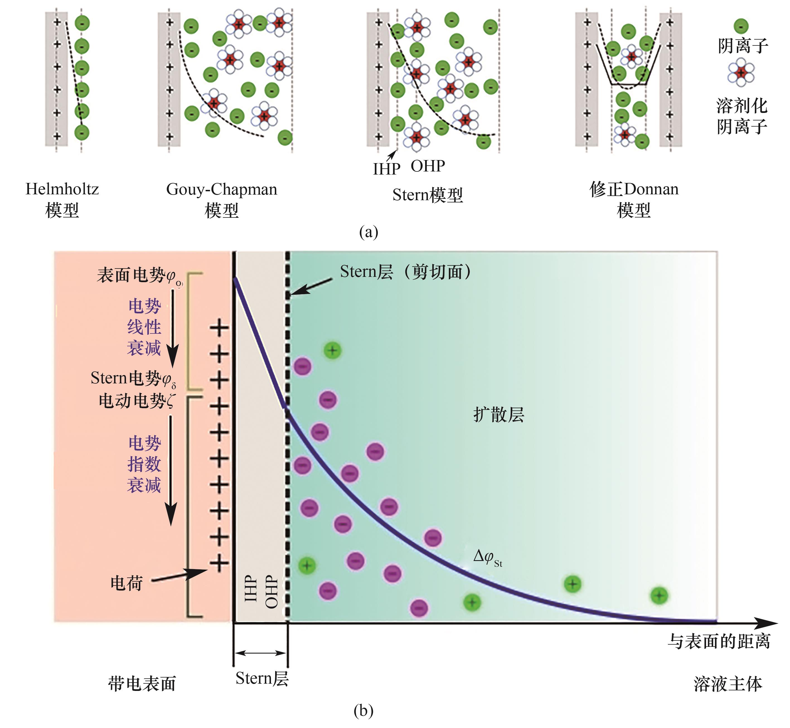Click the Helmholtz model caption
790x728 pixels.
[x=62, y=199]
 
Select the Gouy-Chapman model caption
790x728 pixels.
[x=222, y=199]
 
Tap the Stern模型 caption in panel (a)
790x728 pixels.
[x=427, y=195]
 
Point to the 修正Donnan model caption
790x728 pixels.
[x=634, y=199]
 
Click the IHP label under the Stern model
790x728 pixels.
[x=386, y=169]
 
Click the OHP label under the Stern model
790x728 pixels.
[x=428, y=166]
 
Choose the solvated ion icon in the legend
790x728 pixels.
[x=741, y=72]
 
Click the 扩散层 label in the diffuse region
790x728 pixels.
[x=499, y=415]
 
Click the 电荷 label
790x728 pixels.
[x=126, y=583]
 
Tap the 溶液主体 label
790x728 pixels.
[x=728, y=684]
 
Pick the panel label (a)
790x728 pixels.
[x=368, y=232]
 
